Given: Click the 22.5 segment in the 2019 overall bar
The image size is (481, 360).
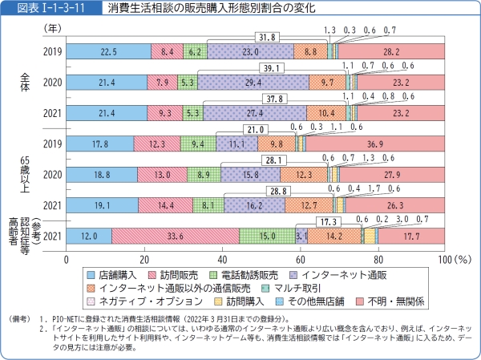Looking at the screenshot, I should pos(107,51).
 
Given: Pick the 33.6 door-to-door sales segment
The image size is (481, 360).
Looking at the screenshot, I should pos(175,236).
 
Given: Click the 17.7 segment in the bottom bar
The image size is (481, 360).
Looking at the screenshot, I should pos(412,236).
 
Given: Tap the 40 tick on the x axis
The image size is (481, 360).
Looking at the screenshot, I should pos(219,259).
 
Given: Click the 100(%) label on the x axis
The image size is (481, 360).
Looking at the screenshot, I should pos(455,259).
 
